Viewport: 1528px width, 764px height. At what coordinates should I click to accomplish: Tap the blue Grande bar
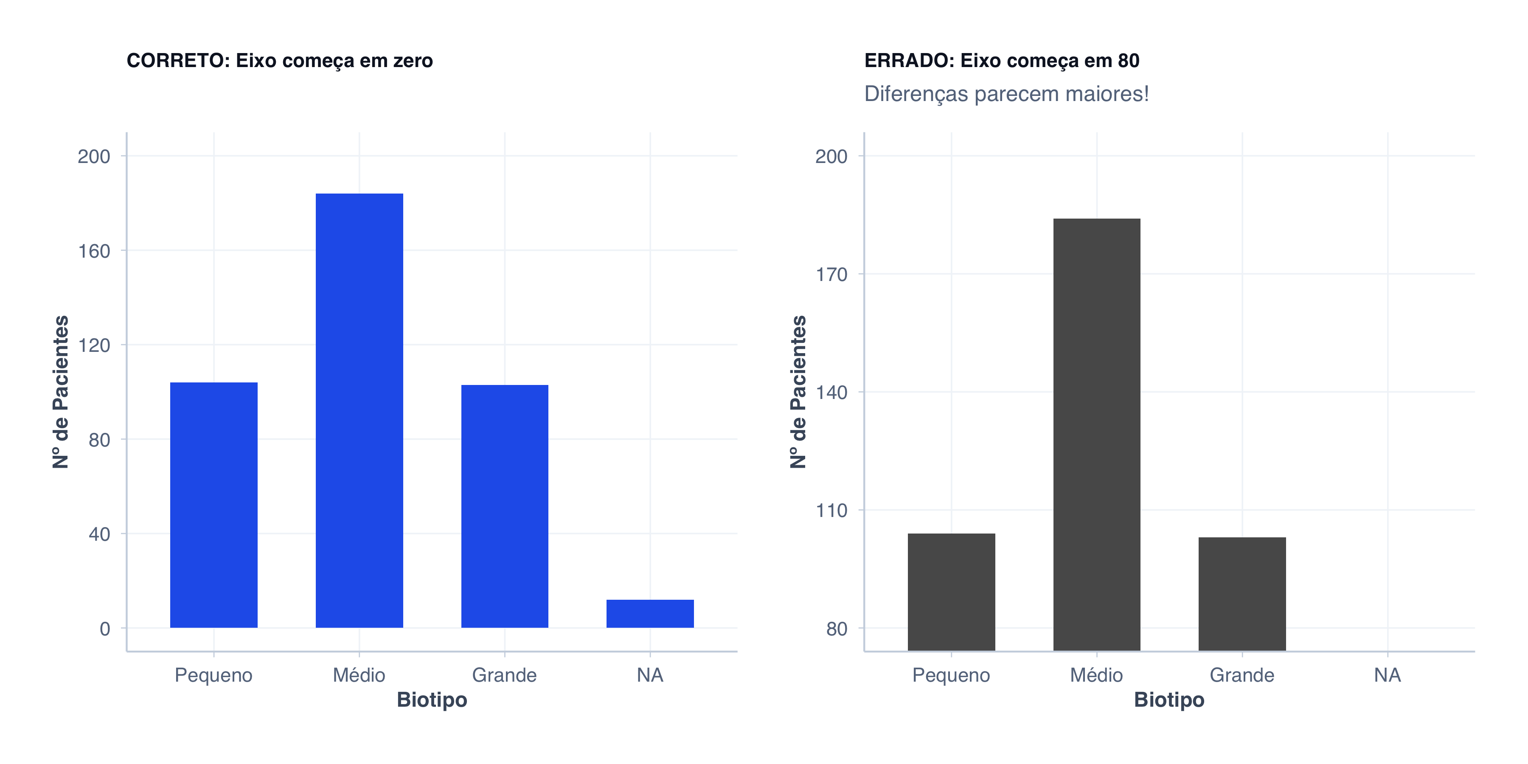(x=504, y=506)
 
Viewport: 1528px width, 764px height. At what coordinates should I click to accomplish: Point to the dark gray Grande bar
(x=1241, y=593)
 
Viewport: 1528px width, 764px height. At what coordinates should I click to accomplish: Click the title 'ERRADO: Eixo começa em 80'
(x=1001, y=61)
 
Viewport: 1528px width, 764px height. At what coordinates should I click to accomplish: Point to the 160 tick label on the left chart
(x=94, y=251)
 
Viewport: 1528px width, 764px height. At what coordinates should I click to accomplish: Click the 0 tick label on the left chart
(x=104, y=629)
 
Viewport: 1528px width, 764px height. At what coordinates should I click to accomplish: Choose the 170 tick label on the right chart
(x=831, y=275)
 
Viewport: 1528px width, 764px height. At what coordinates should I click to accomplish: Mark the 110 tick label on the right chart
(x=831, y=511)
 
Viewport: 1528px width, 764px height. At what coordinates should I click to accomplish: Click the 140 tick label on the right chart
(x=831, y=393)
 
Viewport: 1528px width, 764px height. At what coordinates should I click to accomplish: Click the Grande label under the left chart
(x=504, y=675)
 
